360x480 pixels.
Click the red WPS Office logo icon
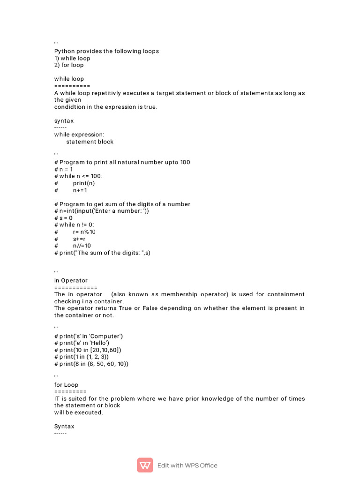coord(145,465)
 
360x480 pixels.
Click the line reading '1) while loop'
coord(72,58)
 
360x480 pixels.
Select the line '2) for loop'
coord(69,65)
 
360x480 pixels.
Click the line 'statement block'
coord(90,142)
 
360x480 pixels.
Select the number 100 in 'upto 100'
coord(185,162)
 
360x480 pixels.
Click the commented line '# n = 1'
coord(64,169)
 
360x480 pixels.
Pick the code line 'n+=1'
coord(80,190)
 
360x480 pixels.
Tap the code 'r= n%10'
coord(84,232)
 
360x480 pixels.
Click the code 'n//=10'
coord(82,246)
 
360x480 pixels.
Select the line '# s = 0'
coord(64,218)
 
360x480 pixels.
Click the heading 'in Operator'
coord(71,280)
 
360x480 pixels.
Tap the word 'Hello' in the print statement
coord(100,343)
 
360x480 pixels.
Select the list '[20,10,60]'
coord(106,350)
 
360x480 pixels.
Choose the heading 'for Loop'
coord(66,385)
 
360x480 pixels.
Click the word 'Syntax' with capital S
coord(64,427)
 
